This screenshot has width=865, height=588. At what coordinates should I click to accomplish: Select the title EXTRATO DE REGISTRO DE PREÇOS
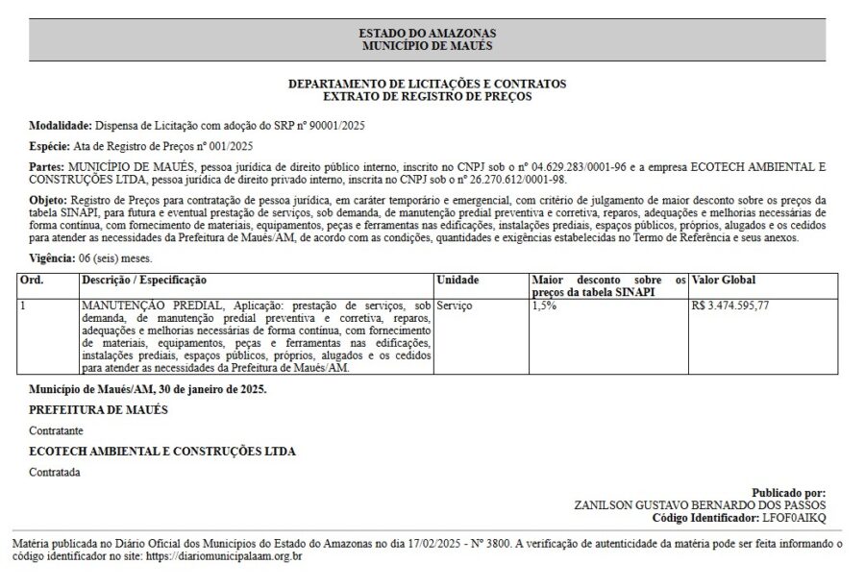tap(428, 96)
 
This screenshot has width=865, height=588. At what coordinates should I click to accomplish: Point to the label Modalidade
tap(60, 126)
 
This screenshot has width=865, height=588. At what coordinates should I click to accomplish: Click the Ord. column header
tap(32, 280)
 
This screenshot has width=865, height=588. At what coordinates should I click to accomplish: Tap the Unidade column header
tap(457, 280)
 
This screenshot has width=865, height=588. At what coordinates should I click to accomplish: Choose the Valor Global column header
tap(724, 280)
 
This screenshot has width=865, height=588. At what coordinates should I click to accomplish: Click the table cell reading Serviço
tap(456, 305)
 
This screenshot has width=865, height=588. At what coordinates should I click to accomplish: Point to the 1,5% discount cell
tap(544, 305)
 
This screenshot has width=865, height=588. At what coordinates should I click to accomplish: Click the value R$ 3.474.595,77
tap(730, 305)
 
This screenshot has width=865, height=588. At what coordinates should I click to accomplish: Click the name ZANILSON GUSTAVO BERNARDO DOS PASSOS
tap(699, 504)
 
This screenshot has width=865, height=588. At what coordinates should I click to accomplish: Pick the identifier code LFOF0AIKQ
tap(794, 518)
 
